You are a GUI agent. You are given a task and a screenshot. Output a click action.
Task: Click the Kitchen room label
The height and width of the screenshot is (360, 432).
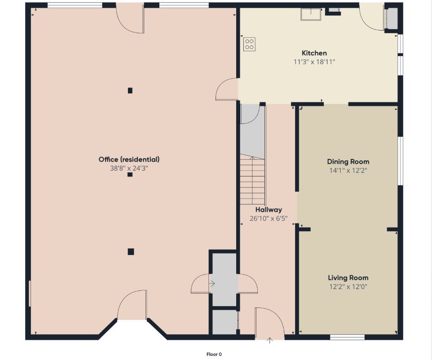coord(314,53)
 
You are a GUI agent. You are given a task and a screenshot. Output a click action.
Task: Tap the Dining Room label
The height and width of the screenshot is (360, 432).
coord(348,162)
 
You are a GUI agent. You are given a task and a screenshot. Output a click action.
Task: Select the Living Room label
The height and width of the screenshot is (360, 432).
coord(348,278)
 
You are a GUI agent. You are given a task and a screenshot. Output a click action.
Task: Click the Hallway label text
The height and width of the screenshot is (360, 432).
coord(269,210)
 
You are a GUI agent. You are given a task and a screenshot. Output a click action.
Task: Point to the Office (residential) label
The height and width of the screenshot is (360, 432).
coord(129,159)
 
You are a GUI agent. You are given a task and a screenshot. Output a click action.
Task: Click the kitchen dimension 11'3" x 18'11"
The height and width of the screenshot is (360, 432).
coord(314,61)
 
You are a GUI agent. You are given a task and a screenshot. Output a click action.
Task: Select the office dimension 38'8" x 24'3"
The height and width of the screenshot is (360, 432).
coord(129,168)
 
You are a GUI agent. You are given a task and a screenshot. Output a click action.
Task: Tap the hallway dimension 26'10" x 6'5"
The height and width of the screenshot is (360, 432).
coord(269,219)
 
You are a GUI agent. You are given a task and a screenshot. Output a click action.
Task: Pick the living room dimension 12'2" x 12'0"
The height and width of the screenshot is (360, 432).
coord(348,286)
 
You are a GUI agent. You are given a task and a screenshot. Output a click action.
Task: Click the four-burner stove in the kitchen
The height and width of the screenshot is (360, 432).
coord(249,44)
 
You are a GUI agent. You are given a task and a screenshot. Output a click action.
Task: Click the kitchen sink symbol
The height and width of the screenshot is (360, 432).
coord(311,14)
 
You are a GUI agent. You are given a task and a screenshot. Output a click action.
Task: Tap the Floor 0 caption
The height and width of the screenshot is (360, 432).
coord(214,354)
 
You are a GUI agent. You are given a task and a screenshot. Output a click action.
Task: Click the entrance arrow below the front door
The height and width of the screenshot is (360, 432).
coord(270,340)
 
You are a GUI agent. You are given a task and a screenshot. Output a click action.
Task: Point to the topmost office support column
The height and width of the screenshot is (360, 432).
coord(130,90)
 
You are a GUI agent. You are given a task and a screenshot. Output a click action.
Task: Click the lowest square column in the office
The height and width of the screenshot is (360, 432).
coord(131,251)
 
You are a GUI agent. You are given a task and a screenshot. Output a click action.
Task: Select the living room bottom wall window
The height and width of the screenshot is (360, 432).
coord(348,337)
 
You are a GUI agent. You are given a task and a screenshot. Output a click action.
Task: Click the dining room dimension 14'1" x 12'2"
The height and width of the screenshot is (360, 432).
coord(348,171)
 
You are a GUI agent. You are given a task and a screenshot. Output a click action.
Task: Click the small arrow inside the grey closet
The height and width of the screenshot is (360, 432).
coord(212,283)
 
